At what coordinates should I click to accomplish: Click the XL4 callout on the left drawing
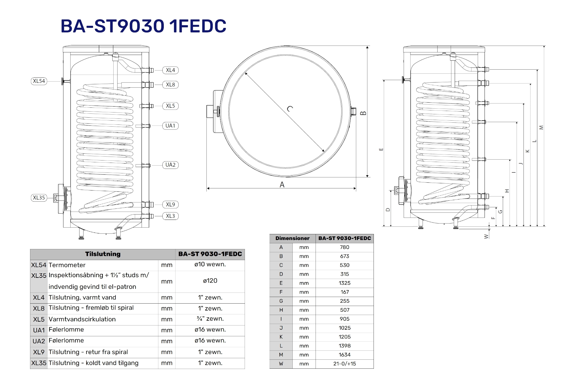click(x=170, y=70)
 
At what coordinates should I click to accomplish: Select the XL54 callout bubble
click(x=39, y=81)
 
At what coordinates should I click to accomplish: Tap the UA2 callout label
click(x=170, y=165)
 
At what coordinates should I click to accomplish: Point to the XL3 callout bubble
click(x=170, y=216)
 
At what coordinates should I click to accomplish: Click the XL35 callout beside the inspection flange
click(x=39, y=198)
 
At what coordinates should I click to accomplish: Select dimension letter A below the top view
click(x=282, y=185)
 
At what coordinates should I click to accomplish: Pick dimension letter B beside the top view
click(x=363, y=113)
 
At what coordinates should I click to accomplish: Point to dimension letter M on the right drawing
click(x=542, y=127)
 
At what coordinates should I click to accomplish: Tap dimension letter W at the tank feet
click(x=486, y=236)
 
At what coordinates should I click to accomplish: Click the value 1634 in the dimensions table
click(x=344, y=355)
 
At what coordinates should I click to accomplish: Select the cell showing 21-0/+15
click(x=344, y=364)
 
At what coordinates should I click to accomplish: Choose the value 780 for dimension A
click(x=344, y=247)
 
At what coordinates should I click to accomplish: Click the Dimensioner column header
click(x=292, y=238)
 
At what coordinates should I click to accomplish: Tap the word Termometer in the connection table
click(x=67, y=265)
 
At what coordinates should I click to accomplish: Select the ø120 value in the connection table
click(x=210, y=281)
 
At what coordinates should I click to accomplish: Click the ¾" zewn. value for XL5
click(x=210, y=319)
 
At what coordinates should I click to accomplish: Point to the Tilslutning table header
click(x=103, y=254)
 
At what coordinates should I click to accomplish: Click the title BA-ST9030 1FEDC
click(x=143, y=26)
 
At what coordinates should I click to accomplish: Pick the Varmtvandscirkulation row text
click(x=82, y=319)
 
